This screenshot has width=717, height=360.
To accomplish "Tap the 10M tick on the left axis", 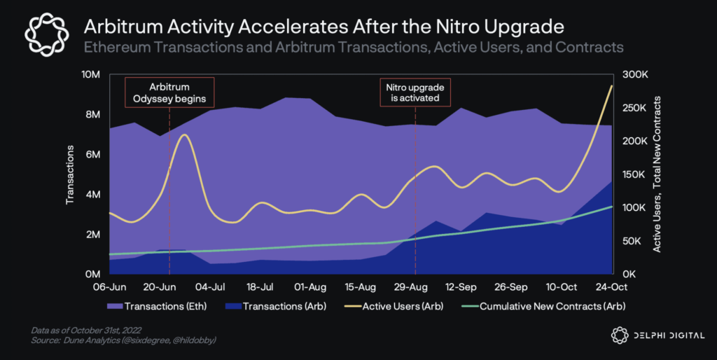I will click(x=91, y=74).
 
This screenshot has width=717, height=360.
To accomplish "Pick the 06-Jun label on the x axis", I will click(x=110, y=287).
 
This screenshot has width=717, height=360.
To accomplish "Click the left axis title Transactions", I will click(x=70, y=174).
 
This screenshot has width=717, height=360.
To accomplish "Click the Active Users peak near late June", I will click(x=184, y=134).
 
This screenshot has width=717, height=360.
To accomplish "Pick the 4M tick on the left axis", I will click(x=93, y=194).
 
